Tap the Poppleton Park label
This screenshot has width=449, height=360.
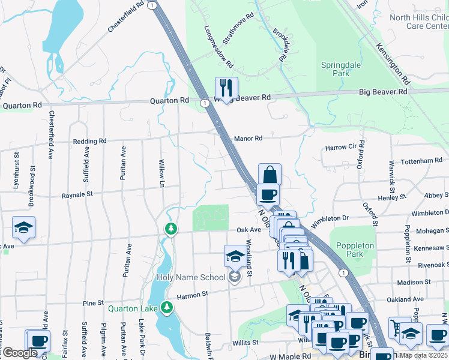point(355,250)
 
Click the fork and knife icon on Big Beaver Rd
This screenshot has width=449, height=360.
point(226,88)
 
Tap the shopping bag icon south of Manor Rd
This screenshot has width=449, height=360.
point(270,175)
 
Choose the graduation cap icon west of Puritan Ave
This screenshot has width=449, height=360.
point(23,227)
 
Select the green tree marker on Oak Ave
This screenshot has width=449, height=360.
point(171,229)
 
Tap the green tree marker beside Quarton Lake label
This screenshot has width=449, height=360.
point(167,308)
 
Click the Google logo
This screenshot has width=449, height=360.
point(19,353)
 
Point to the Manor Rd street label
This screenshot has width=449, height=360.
point(249,138)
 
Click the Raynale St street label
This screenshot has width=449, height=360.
point(77,195)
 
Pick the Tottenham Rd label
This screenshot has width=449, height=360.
point(421,161)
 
